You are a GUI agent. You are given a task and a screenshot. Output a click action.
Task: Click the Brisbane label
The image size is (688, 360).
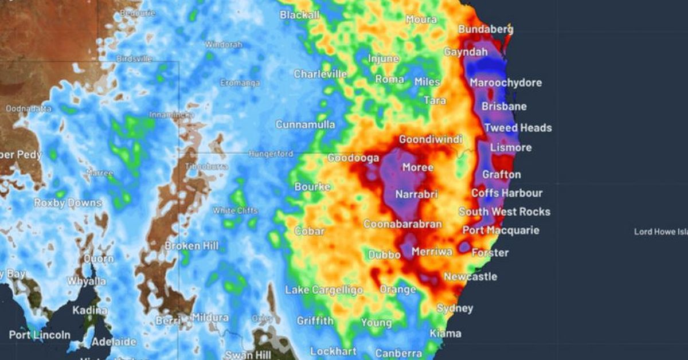click(x=504, y=106)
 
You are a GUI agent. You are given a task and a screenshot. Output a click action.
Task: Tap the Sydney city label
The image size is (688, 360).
click(x=455, y=308)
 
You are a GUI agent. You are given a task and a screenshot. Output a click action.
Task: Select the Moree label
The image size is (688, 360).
click(x=418, y=167)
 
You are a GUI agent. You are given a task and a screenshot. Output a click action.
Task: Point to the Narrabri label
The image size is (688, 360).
click(x=417, y=194)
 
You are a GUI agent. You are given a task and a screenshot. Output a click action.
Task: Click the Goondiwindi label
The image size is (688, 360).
click(x=430, y=139)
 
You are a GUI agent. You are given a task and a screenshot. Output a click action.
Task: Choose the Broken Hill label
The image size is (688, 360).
click(x=191, y=245)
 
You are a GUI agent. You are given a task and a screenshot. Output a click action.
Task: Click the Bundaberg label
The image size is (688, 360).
click(x=486, y=29)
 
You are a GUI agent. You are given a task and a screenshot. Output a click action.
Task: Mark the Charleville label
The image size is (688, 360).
click(x=320, y=74)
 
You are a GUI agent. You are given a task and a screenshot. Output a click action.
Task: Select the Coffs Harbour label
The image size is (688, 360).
click(x=507, y=193)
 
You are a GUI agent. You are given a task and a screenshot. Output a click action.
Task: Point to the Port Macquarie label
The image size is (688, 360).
click(x=501, y=230)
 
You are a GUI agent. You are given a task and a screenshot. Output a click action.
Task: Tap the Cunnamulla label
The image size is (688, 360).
click(x=305, y=124)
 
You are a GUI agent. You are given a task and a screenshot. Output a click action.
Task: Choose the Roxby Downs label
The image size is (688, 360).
click(x=68, y=203)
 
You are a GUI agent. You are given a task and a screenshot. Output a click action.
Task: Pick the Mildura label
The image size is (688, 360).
click(x=210, y=317)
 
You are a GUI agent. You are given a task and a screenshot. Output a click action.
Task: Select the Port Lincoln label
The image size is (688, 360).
click(x=40, y=335)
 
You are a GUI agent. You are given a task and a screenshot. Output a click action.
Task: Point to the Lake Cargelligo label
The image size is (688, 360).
click(x=324, y=290)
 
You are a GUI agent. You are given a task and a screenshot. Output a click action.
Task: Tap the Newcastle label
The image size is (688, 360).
click(x=470, y=276)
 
